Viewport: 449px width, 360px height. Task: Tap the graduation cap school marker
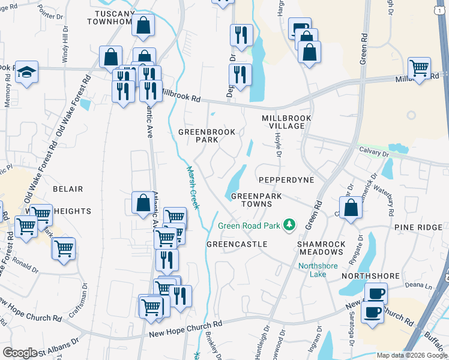(x=26, y=72)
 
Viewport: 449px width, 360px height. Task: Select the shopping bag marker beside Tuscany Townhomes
(x=143, y=25)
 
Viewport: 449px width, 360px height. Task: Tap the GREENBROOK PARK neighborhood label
(x=199, y=136)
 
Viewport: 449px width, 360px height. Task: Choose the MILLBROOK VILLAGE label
(x=286, y=123)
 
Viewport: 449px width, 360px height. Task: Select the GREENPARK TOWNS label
(x=252, y=200)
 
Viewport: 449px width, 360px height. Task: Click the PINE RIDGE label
(x=418, y=228)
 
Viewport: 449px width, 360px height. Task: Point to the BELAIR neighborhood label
(x=68, y=189)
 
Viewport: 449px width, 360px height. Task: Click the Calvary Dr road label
(x=375, y=152)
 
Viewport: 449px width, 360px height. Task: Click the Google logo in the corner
(x=20, y=353)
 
